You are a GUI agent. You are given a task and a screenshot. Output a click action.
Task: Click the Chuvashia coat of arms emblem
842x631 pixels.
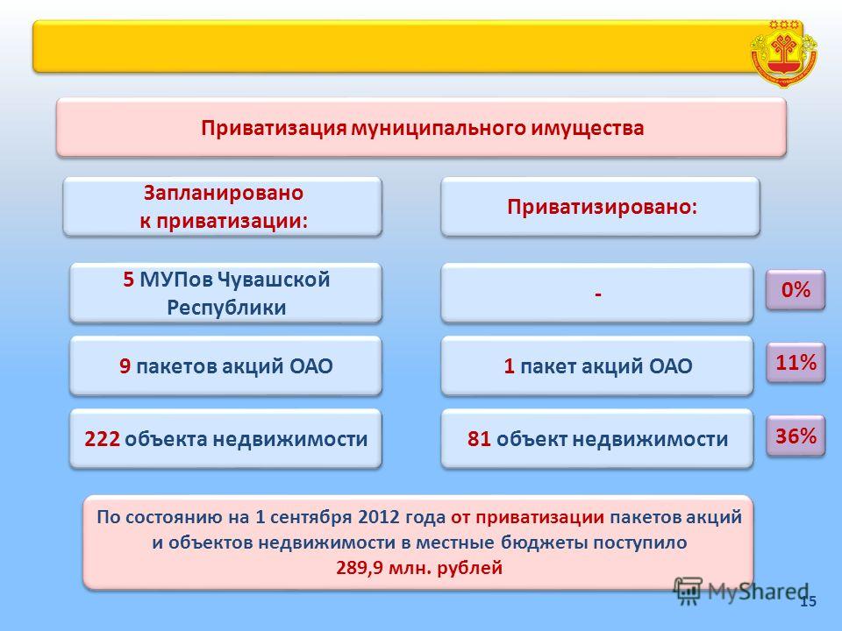(783, 53)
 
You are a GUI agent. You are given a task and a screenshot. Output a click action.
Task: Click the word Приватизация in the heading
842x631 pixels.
(274, 128)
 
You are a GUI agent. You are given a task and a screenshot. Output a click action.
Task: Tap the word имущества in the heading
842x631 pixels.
(588, 129)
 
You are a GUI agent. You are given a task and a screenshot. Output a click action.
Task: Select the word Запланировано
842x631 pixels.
(224, 193)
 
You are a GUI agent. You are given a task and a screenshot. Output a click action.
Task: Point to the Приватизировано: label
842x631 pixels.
(602, 207)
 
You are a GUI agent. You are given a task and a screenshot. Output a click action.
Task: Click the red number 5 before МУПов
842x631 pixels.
(128, 280)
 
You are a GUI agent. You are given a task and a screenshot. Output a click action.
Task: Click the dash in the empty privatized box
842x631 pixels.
(597, 294)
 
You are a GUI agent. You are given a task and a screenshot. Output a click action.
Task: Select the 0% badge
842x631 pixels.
(796, 290)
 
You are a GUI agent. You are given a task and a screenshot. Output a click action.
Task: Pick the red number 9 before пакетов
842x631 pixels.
(125, 366)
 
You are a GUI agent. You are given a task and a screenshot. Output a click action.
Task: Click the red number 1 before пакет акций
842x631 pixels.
(509, 366)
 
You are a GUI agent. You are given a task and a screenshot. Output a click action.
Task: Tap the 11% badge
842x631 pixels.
(796, 363)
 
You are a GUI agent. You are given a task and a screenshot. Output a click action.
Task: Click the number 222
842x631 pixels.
(102, 439)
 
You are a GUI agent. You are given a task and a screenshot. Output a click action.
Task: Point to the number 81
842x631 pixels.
(479, 439)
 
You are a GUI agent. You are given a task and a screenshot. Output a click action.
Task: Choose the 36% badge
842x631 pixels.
(796, 436)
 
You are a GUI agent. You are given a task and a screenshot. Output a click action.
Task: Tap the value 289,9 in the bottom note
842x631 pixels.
(360, 568)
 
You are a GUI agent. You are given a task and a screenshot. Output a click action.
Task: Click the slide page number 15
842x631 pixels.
(808, 601)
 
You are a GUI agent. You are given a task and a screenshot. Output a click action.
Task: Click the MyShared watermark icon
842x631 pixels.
(688, 591)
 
